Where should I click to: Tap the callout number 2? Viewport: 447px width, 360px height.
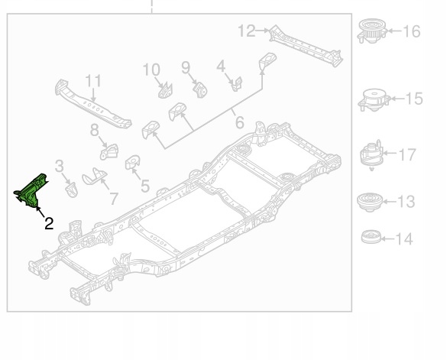(48, 223)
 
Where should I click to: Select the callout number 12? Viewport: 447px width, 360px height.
(246, 31)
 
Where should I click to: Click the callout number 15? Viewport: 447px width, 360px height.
(413, 99)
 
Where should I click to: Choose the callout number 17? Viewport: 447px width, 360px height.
(407, 154)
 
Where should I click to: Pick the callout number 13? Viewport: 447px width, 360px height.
(407, 202)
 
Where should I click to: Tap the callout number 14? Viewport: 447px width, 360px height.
(404, 239)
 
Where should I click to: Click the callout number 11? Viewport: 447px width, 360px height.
(93, 80)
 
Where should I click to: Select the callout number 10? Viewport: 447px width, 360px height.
(151, 70)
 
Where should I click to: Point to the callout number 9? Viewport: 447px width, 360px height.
(186, 68)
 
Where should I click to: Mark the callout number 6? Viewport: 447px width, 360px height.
(239, 122)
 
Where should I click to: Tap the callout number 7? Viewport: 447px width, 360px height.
(114, 199)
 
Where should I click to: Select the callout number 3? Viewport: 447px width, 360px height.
(59, 165)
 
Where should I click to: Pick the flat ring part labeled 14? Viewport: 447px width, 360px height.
(371, 237)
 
